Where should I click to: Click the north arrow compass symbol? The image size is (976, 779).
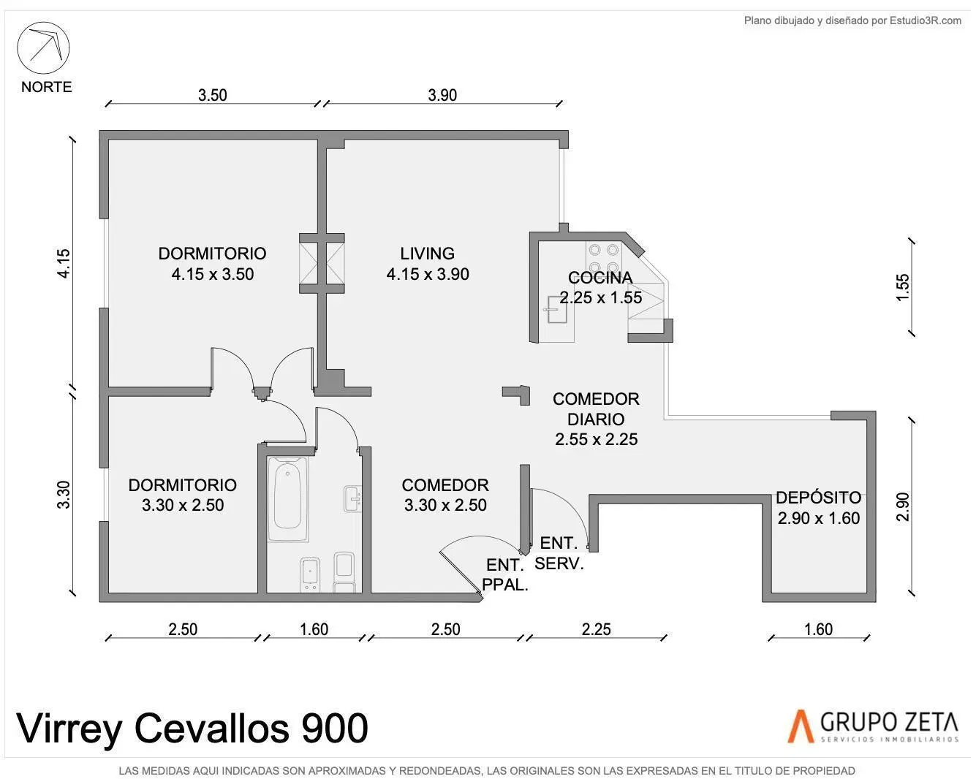point(43,48)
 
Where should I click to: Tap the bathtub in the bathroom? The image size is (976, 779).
point(288,499)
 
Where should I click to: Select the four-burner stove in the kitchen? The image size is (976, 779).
point(604,257)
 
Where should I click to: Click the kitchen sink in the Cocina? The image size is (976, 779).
point(557,310)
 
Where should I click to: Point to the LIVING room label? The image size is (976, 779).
point(427,254)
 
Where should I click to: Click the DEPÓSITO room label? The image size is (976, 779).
point(819,498)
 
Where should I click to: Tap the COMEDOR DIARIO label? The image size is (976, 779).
point(596,409)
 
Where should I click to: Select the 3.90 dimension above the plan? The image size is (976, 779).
point(442,95)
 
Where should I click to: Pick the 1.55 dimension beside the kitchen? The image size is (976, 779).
point(903,287)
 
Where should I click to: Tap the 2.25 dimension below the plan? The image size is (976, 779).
point(596,629)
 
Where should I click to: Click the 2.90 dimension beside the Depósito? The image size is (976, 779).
point(903,507)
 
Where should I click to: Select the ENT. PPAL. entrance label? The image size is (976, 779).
point(504,575)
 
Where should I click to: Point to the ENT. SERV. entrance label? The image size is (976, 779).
point(559,553)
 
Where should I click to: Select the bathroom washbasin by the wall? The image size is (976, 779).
point(352,499)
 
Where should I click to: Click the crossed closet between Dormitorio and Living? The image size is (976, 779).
point(322,264)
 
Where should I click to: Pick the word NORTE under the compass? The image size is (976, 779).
point(46,87)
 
